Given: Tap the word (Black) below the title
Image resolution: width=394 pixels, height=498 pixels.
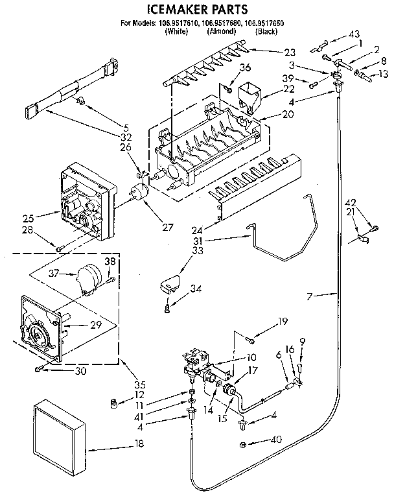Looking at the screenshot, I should [266, 31].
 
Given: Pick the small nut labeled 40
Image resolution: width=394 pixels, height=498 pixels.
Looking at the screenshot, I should [242, 445].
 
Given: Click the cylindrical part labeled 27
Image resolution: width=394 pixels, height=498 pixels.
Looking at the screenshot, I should [138, 194].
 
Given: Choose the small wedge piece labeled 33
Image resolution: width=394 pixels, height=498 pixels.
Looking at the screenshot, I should [170, 283].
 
